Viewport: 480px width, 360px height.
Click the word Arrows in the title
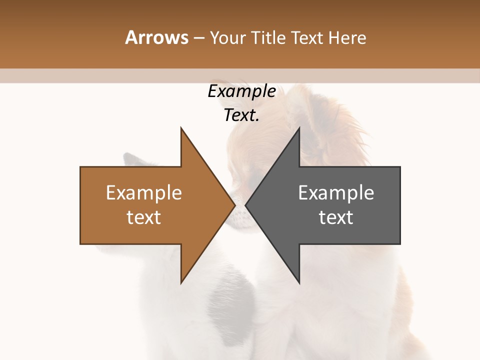tap(156, 37)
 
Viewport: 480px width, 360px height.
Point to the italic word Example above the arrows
tap(241, 91)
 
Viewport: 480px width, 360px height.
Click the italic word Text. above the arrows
tap(241, 115)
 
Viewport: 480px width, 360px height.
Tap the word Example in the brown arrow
tap(144, 193)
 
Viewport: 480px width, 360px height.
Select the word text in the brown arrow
tap(144, 217)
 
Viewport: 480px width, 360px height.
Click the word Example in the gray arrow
tap(336, 193)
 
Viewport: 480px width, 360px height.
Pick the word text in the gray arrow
tap(336, 217)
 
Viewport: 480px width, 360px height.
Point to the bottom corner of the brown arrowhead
tap(181, 282)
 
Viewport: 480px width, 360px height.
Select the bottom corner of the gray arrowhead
tap(299, 282)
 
